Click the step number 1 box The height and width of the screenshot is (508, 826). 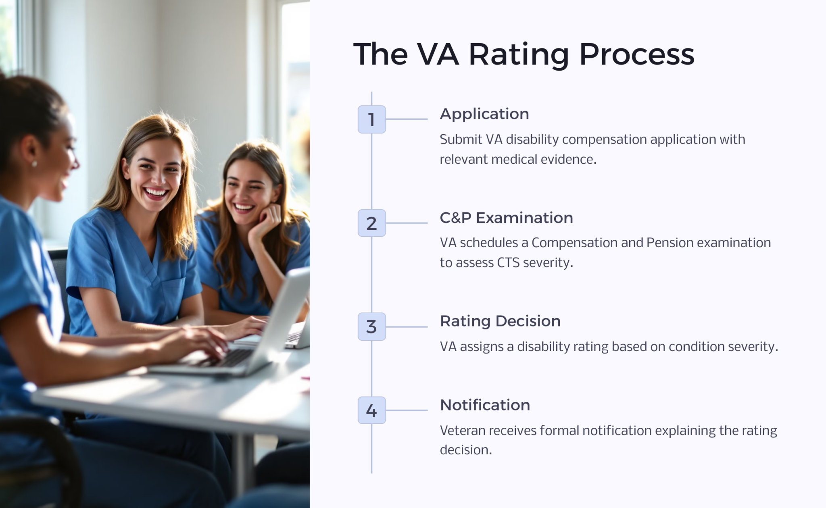[371, 119]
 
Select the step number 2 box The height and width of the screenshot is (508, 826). [371, 223]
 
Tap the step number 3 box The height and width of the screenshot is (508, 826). [371, 327]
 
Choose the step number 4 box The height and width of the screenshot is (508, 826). [371, 410]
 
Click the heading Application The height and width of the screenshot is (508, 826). [484, 114]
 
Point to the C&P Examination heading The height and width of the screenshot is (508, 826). [506, 218]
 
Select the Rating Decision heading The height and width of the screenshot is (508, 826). [500, 321]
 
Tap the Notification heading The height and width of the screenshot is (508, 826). [485, 405]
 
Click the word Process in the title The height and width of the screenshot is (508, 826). [636, 54]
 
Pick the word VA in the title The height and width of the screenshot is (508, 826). [438, 54]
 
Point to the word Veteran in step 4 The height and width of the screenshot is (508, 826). [463, 431]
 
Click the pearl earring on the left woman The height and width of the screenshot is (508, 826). [34, 164]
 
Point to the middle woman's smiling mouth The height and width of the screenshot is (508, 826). [156, 193]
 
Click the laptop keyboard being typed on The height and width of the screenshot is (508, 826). [226, 357]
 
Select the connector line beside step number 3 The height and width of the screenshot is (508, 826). [407, 327]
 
